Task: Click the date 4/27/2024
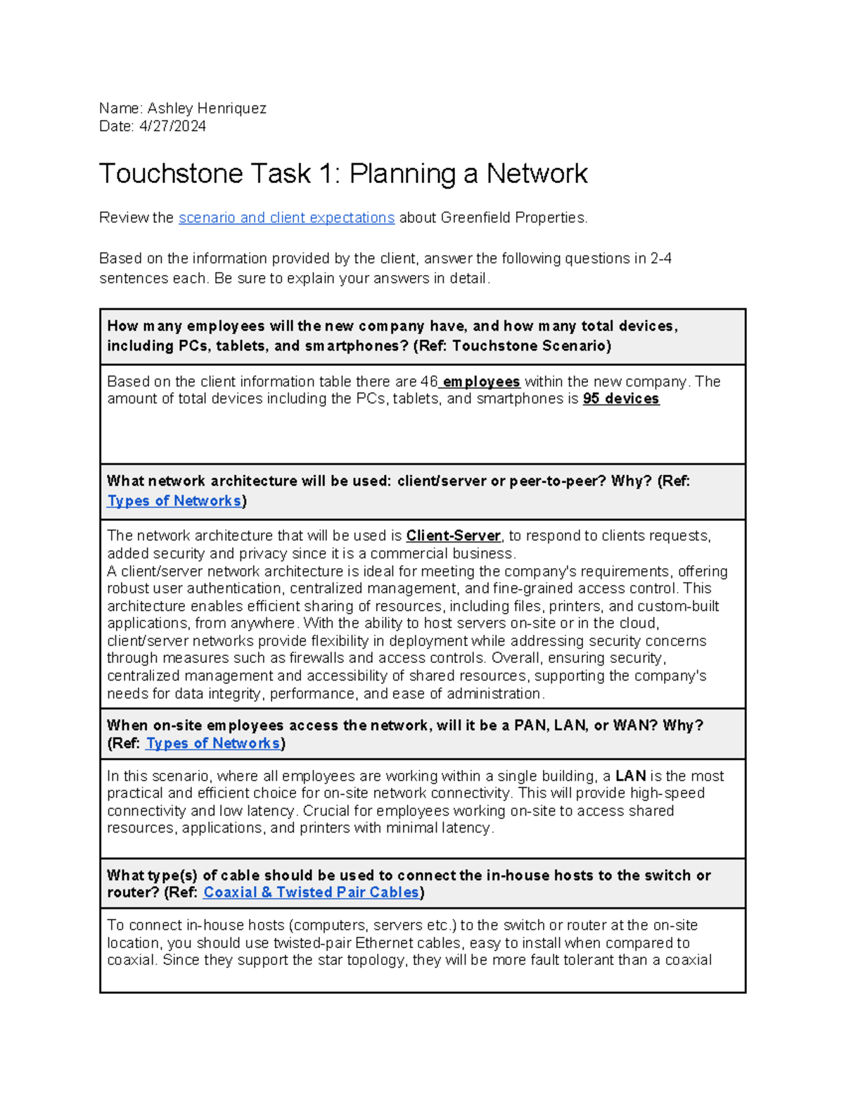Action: pyautogui.click(x=172, y=127)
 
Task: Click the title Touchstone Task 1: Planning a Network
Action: pyautogui.click(x=343, y=174)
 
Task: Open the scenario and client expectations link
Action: pyautogui.click(x=286, y=218)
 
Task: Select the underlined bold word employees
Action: pyautogui.click(x=481, y=382)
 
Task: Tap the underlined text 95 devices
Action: pyautogui.click(x=621, y=399)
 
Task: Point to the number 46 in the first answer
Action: pyautogui.click(x=428, y=382)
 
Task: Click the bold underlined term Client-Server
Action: pyautogui.click(x=453, y=536)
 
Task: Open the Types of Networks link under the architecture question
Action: pyautogui.click(x=174, y=501)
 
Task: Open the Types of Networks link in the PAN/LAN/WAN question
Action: pyautogui.click(x=212, y=744)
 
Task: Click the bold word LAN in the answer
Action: pyautogui.click(x=630, y=776)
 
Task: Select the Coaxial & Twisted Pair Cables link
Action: pyautogui.click(x=311, y=893)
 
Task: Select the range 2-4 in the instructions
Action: pyautogui.click(x=660, y=259)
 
